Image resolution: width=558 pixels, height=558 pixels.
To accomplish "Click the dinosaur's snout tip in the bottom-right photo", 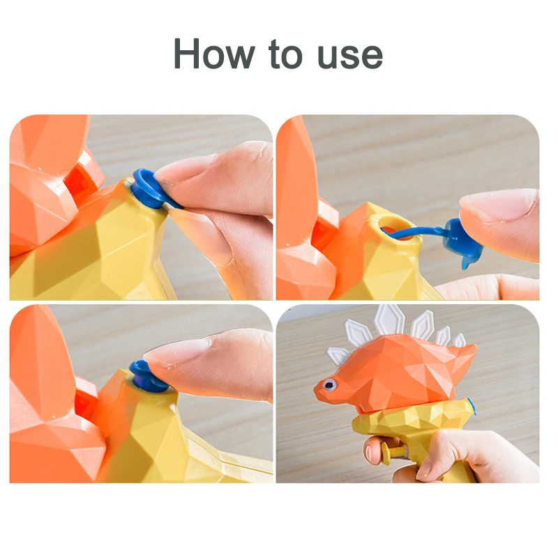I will tap(317, 391).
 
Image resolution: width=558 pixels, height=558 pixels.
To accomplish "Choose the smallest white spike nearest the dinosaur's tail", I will tap(459, 340).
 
